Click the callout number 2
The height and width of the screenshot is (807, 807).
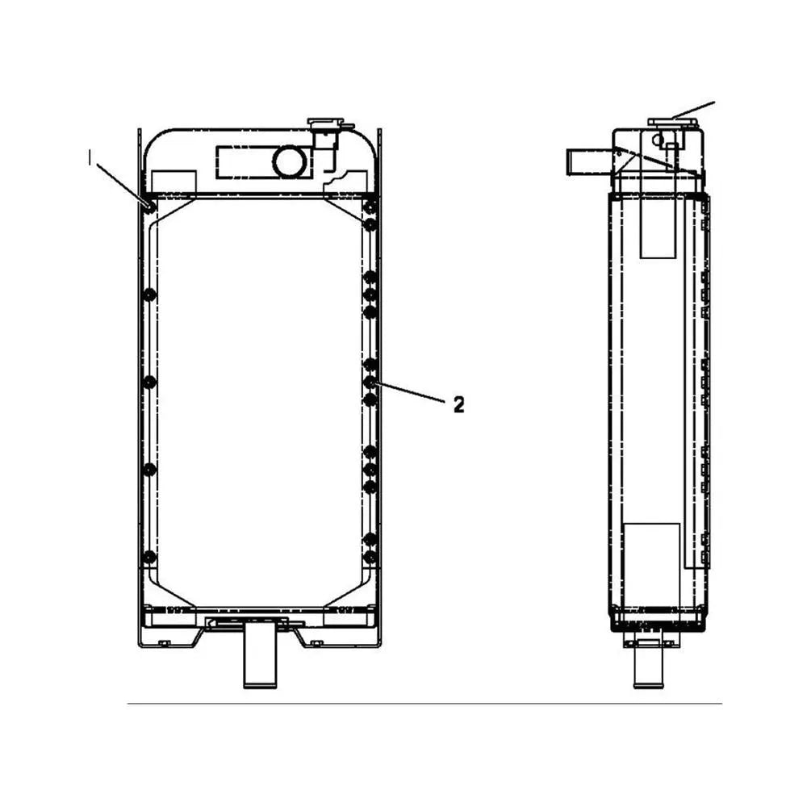click(458, 405)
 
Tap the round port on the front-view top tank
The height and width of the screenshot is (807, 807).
click(288, 162)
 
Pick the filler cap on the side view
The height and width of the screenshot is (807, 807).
click(671, 123)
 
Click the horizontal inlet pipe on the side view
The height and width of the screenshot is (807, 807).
click(587, 161)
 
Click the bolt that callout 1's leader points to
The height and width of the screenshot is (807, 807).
click(150, 207)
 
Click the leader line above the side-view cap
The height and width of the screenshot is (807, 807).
click(694, 110)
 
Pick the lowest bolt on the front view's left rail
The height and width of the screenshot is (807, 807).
click(149, 557)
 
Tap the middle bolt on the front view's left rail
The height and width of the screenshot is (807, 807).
click(149, 381)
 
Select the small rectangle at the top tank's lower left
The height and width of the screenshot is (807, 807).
click(174, 182)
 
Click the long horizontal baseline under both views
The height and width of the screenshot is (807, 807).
click(424, 704)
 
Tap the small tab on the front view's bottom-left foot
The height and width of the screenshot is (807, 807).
click(164, 642)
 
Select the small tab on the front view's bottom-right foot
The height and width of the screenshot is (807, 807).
click(317, 642)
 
